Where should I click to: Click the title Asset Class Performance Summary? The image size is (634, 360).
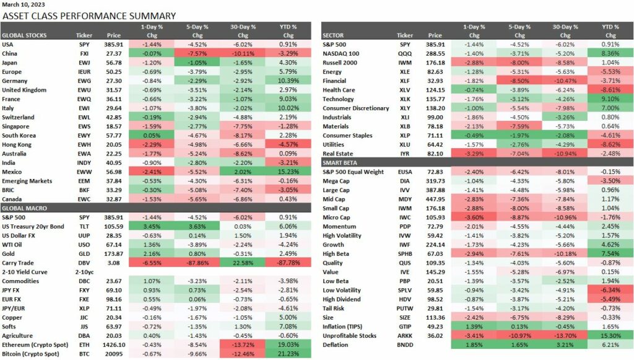[89, 16]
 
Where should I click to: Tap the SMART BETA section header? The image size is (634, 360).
[342, 162]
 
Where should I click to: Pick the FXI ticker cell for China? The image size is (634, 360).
[84, 53]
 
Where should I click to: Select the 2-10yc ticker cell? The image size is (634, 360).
[84, 271]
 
